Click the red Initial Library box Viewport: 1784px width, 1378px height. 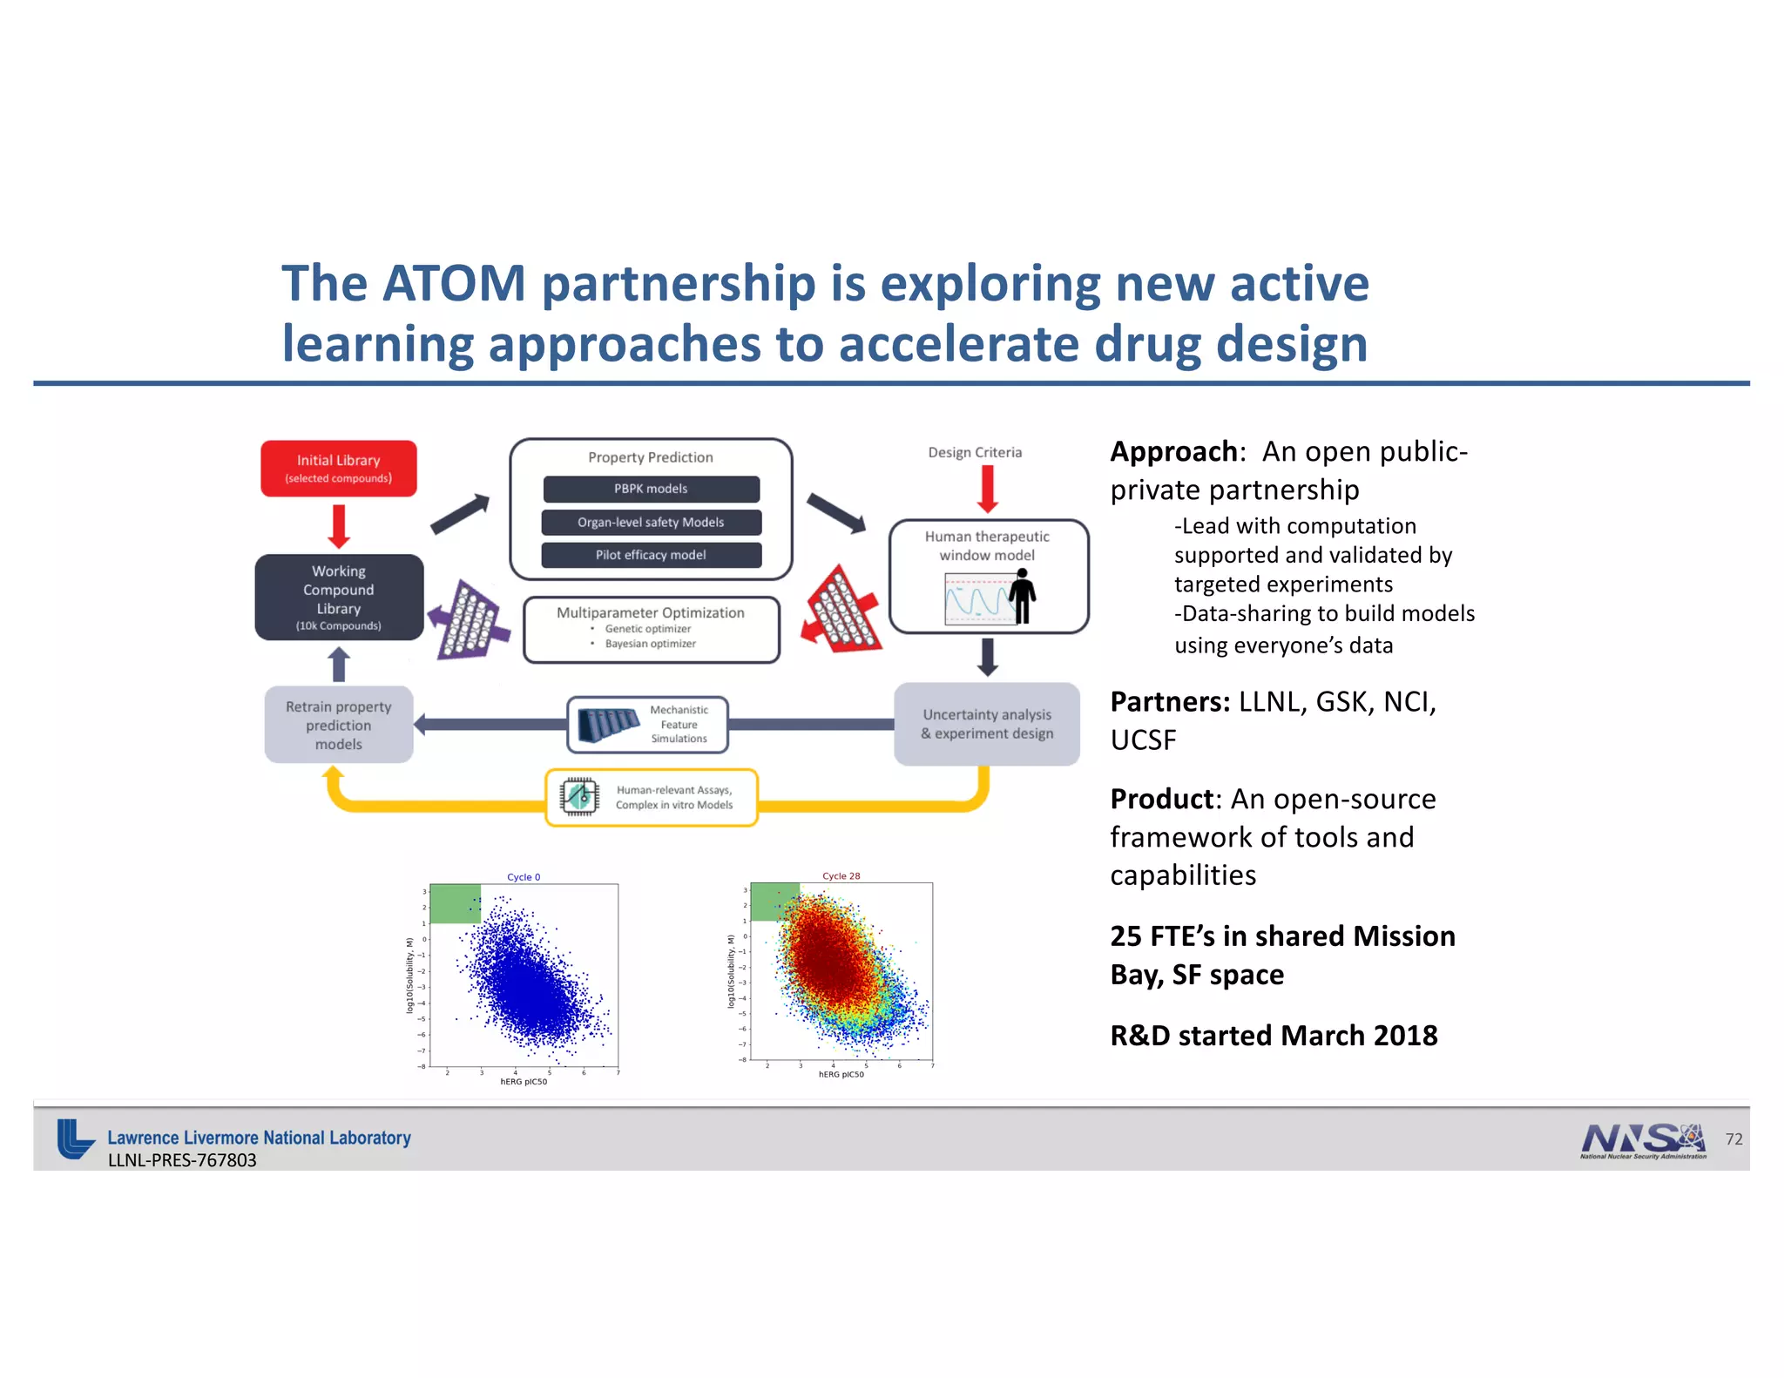click(338, 469)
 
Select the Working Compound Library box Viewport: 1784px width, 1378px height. click(339, 598)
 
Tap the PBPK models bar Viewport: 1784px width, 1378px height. click(651, 489)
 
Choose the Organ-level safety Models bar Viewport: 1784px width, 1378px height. click(651, 522)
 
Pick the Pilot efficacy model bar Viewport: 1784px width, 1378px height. click(651, 555)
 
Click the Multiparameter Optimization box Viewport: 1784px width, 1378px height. click(651, 629)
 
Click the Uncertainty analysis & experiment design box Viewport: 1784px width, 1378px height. click(987, 724)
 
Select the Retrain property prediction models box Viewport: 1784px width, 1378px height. click(339, 725)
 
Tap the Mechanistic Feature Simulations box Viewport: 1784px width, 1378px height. click(647, 724)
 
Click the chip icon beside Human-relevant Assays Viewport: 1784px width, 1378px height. click(579, 796)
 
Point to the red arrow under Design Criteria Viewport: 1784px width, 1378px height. click(987, 489)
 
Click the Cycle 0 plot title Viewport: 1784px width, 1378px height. click(524, 877)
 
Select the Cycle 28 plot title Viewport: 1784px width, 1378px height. click(841, 876)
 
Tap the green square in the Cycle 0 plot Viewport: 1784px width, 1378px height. click(456, 904)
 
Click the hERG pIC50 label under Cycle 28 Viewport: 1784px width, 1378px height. click(841, 1075)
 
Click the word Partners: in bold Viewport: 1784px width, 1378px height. click(1169, 702)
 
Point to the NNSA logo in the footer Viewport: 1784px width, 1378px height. click(1643, 1140)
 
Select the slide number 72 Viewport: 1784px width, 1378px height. click(1733, 1139)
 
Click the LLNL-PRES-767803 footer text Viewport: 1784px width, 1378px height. click(182, 1160)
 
